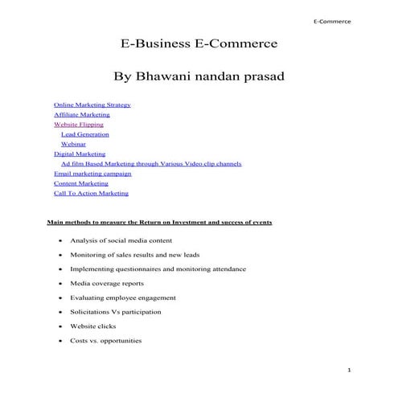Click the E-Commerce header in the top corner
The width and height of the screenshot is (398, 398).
tap(332, 22)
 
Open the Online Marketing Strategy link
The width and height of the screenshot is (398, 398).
tap(92, 105)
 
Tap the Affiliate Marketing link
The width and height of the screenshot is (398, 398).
tap(81, 115)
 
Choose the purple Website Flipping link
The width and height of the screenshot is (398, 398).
tap(78, 125)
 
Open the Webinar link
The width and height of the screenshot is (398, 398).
tap(74, 144)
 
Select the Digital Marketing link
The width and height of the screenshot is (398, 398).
tap(79, 154)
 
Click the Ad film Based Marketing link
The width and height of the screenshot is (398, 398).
tap(151, 163)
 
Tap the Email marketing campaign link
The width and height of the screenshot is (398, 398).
tap(92, 173)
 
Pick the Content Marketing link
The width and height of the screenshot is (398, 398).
tap(81, 183)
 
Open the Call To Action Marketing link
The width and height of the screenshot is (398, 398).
tap(91, 193)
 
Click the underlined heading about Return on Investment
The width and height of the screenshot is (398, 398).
tap(159, 221)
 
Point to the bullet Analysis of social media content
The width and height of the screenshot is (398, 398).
tap(121, 240)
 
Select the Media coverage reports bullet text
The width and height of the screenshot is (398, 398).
tap(107, 283)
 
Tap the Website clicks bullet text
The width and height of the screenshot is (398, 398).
tap(92, 326)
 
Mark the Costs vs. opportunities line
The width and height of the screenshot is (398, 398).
tap(105, 340)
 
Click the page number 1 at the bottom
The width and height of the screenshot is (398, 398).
tap(350, 369)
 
